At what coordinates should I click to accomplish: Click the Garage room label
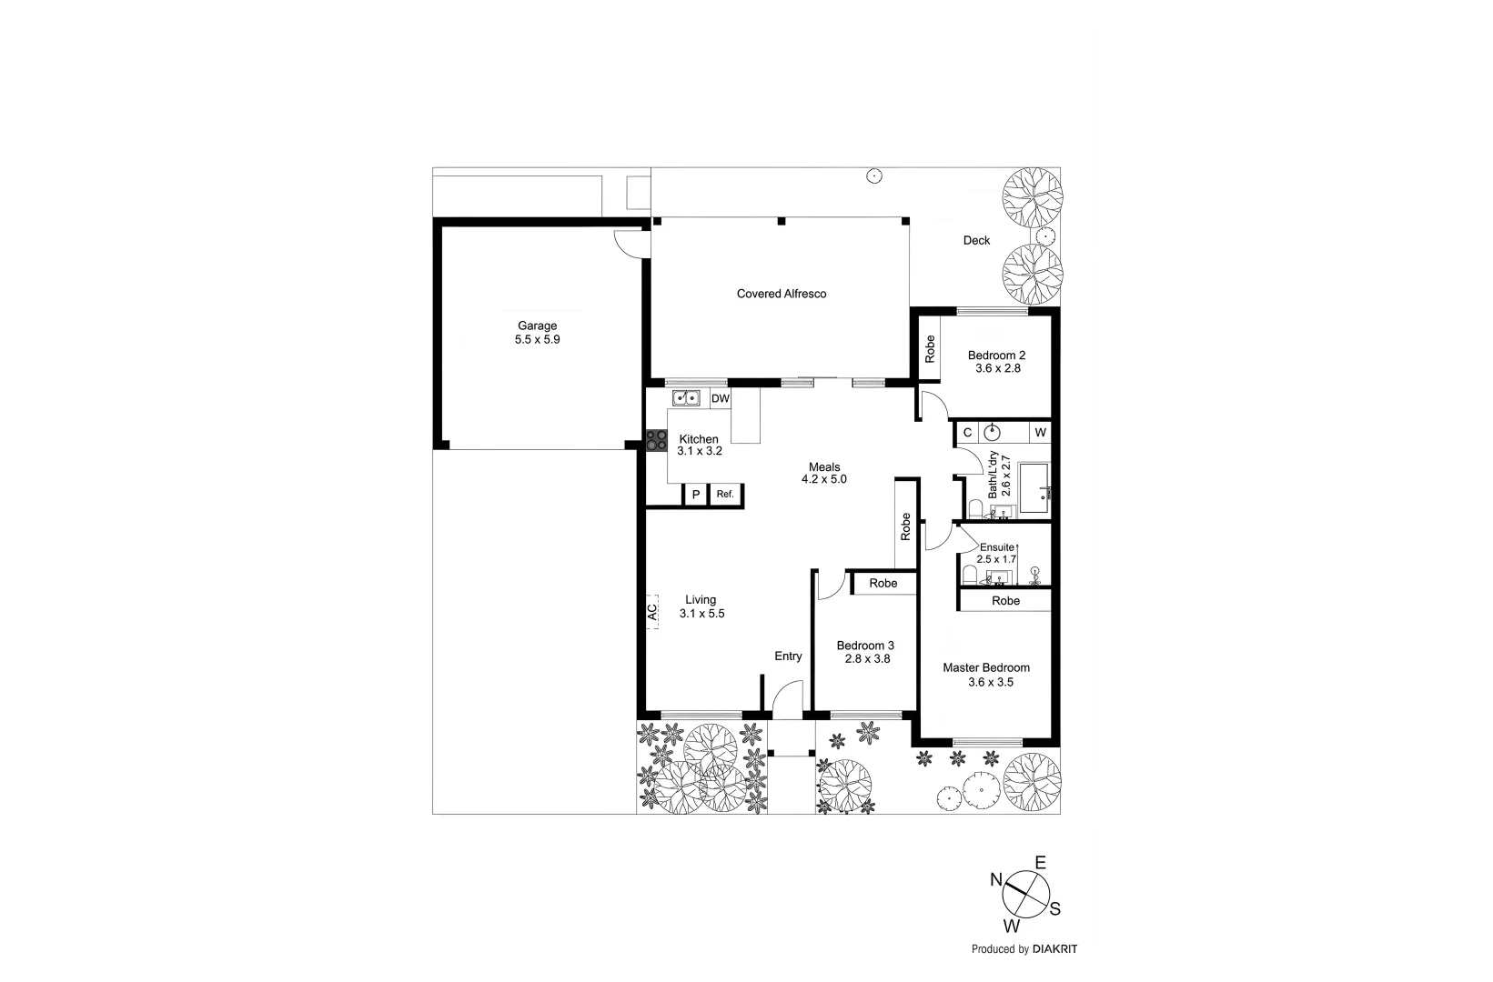coord(537,326)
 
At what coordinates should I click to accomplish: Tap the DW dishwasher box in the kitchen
coord(720,398)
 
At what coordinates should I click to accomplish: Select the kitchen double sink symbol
coord(685,398)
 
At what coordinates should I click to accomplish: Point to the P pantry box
coord(696,495)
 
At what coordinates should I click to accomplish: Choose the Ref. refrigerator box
coord(725,495)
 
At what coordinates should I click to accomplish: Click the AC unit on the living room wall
coord(652,610)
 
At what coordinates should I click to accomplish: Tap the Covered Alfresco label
coord(782,294)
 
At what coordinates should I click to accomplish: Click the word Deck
coord(976,240)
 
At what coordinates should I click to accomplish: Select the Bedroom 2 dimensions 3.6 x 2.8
coord(997,369)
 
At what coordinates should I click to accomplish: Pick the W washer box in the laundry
coord(1040,432)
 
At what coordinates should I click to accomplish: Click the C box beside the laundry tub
coord(967,432)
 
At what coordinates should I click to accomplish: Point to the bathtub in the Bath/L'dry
coord(1034,488)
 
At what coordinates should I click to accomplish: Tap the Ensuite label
coord(996,547)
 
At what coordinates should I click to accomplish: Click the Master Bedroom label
coord(986,667)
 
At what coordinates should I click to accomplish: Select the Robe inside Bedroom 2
coord(930,349)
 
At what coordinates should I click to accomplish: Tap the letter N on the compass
coord(996,879)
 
